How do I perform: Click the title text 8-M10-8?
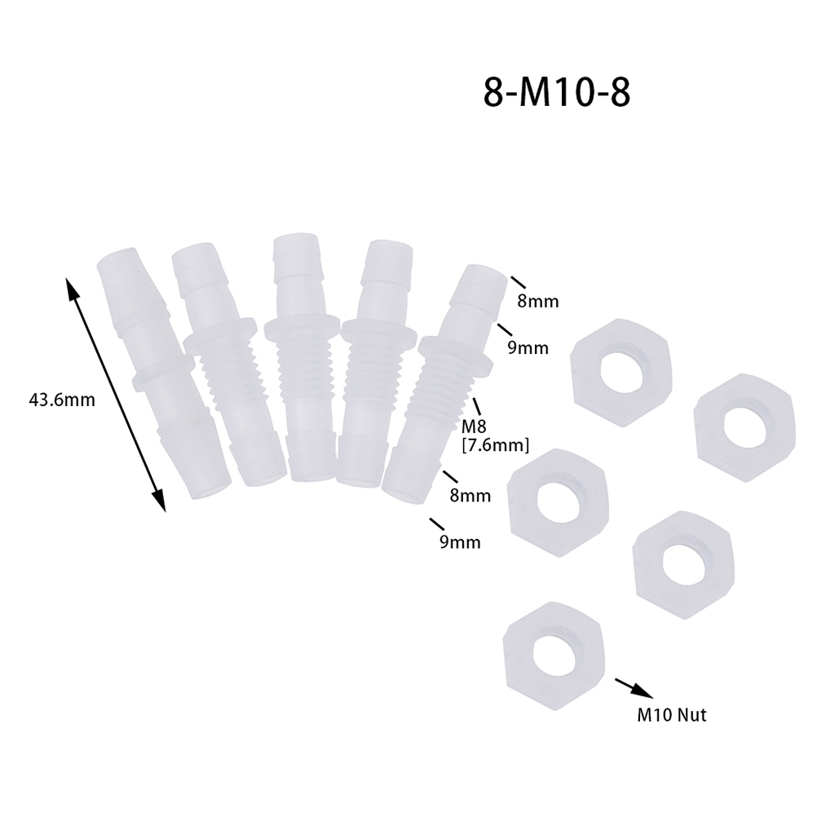(556, 93)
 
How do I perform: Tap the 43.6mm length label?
(62, 400)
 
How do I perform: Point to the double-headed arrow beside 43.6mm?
(115, 395)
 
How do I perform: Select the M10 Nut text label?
(672, 715)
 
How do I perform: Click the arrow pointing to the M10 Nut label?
(634, 688)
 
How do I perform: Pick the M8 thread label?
(474, 427)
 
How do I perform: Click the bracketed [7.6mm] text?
(496, 445)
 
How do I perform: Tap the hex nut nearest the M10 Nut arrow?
(554, 646)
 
